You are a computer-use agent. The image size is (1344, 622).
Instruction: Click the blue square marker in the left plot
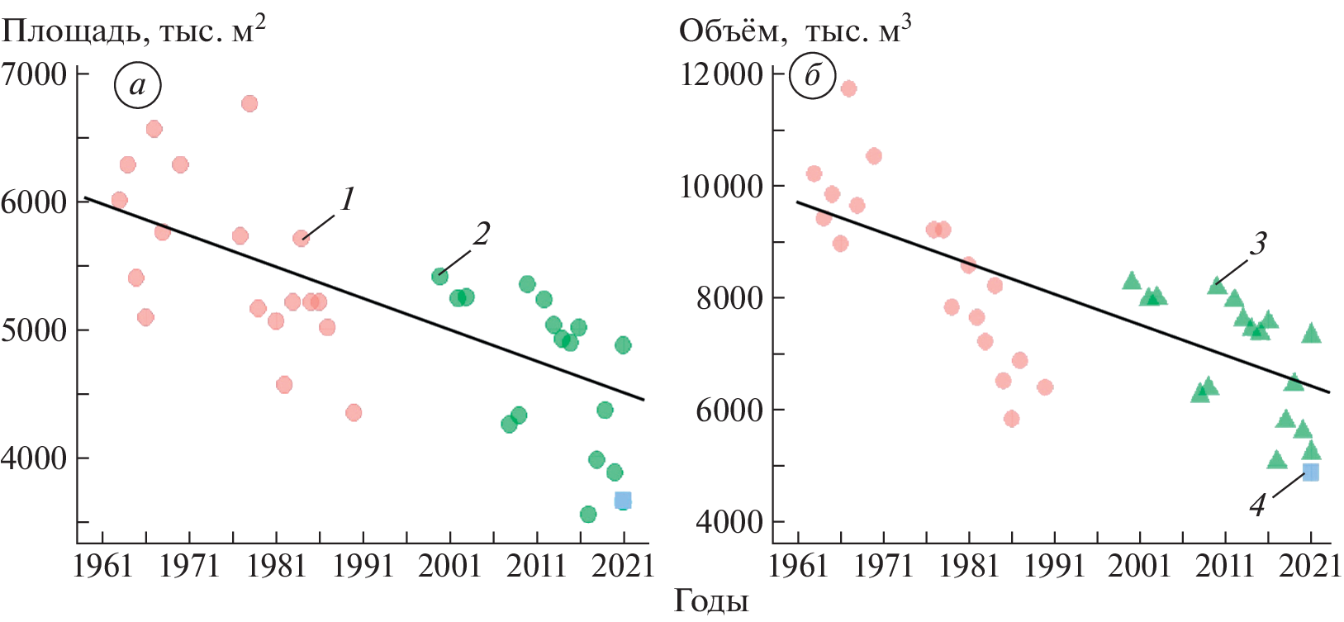623,501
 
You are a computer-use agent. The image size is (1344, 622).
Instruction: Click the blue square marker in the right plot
1310,472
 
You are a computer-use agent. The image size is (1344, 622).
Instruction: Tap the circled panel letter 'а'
137,84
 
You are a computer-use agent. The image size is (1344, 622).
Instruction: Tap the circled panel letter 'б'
812,77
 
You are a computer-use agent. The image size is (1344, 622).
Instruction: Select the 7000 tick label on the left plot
35,74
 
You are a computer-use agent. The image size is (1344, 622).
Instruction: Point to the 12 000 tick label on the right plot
721,74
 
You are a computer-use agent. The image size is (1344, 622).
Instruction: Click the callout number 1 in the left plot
348,199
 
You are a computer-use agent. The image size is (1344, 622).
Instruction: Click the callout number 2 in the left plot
481,234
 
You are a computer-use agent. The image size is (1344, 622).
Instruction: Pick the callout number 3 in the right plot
1257,244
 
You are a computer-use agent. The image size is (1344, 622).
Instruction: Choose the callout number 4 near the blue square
1257,505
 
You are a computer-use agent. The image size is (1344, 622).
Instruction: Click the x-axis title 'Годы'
711,601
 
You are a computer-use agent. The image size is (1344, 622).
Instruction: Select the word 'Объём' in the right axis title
728,32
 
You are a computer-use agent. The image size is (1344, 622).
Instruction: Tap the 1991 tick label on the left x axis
363,566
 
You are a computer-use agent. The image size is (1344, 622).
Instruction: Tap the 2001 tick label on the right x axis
1140,566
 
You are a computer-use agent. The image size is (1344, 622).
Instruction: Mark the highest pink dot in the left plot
249,103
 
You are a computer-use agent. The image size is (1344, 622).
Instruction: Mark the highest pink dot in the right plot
848,88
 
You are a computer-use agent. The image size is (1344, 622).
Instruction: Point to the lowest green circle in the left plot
588,515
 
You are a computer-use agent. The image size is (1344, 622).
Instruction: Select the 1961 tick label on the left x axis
102,566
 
